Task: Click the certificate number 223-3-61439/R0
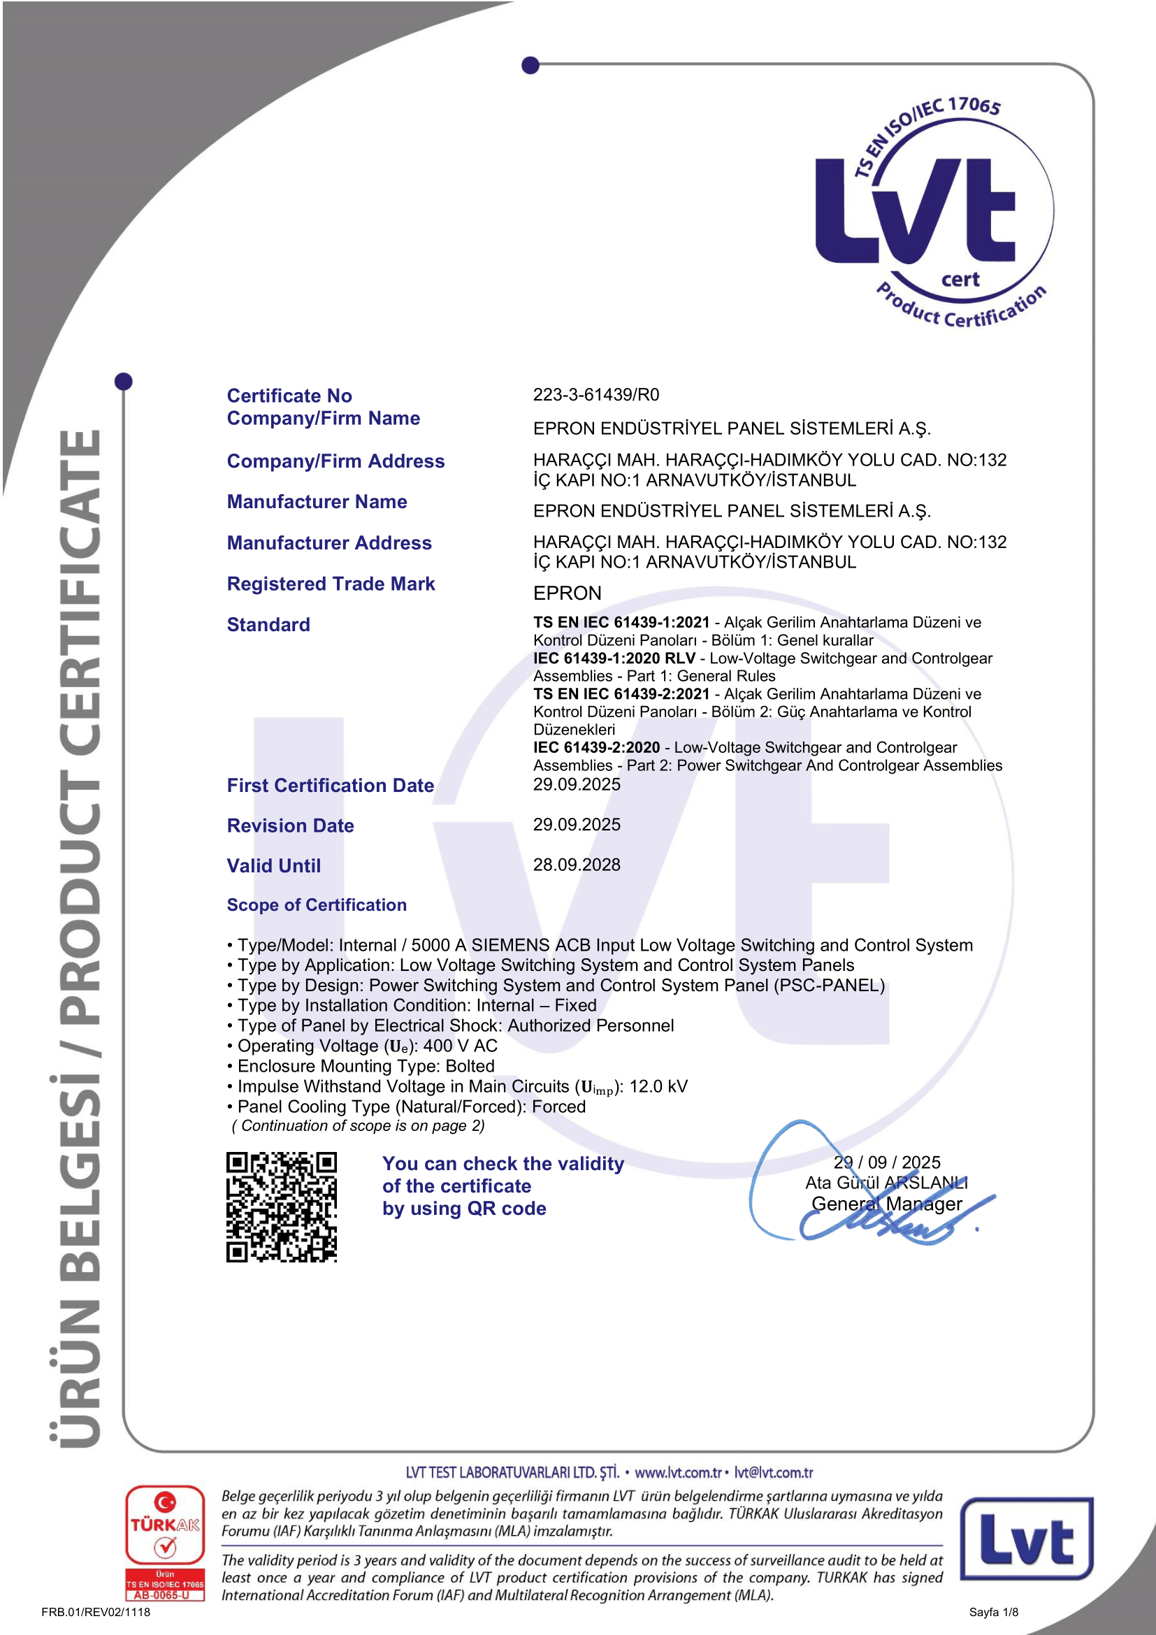pyautogui.click(x=595, y=394)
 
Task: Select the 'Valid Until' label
pyautogui.click(x=273, y=866)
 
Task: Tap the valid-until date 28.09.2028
pyautogui.click(x=577, y=865)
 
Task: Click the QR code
pyautogui.click(x=281, y=1207)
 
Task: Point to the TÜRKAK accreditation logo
pyautogui.click(x=165, y=1543)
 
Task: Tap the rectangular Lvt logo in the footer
pyautogui.click(x=1027, y=1538)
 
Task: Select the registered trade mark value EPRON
pyautogui.click(x=568, y=593)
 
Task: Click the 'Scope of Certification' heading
pyautogui.click(x=317, y=905)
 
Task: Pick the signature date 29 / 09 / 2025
pyautogui.click(x=886, y=1162)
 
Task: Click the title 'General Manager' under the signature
pyautogui.click(x=886, y=1204)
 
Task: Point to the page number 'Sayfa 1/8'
pyautogui.click(x=993, y=1612)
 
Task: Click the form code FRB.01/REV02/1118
pyautogui.click(x=96, y=1612)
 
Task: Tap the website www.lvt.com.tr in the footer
pyautogui.click(x=678, y=1473)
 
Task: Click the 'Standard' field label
pyautogui.click(x=268, y=624)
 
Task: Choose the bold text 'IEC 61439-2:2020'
pyautogui.click(x=596, y=748)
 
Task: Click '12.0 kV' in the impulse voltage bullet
pyautogui.click(x=658, y=1087)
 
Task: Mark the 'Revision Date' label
pyautogui.click(x=291, y=826)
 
